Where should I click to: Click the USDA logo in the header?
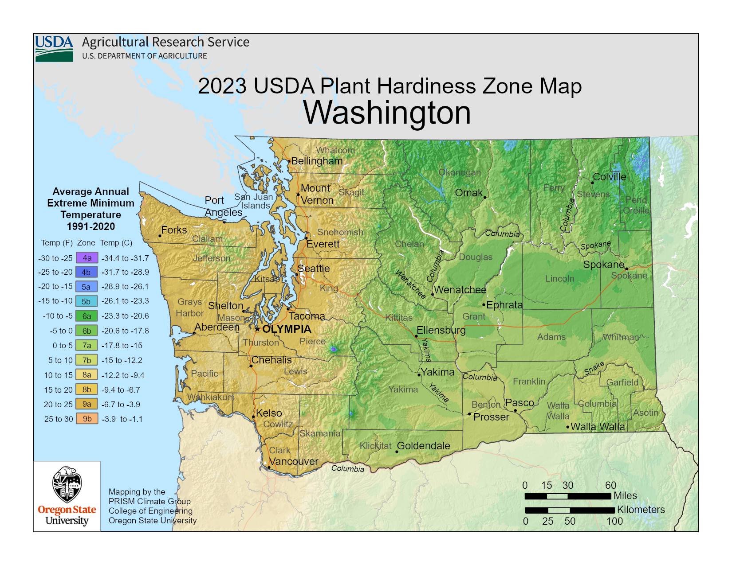(54, 48)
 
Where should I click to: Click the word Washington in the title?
(387, 113)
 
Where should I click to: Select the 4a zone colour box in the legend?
(87, 258)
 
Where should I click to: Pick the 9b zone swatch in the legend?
(87, 419)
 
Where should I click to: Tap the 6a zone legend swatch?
(87, 316)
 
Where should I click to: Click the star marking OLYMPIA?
(257, 329)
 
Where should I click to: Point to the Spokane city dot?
(626, 269)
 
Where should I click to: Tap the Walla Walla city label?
(598, 427)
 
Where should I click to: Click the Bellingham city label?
(317, 161)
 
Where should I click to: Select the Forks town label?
(174, 230)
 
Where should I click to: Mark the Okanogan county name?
(460, 172)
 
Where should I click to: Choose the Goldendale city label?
(423, 446)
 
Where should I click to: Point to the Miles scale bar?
(567, 496)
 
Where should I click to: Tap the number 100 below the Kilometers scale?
(614, 522)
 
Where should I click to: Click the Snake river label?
(594, 368)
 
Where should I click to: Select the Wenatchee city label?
(460, 290)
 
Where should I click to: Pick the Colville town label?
(610, 177)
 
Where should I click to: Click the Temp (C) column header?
(116, 243)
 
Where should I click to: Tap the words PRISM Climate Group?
(150, 501)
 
